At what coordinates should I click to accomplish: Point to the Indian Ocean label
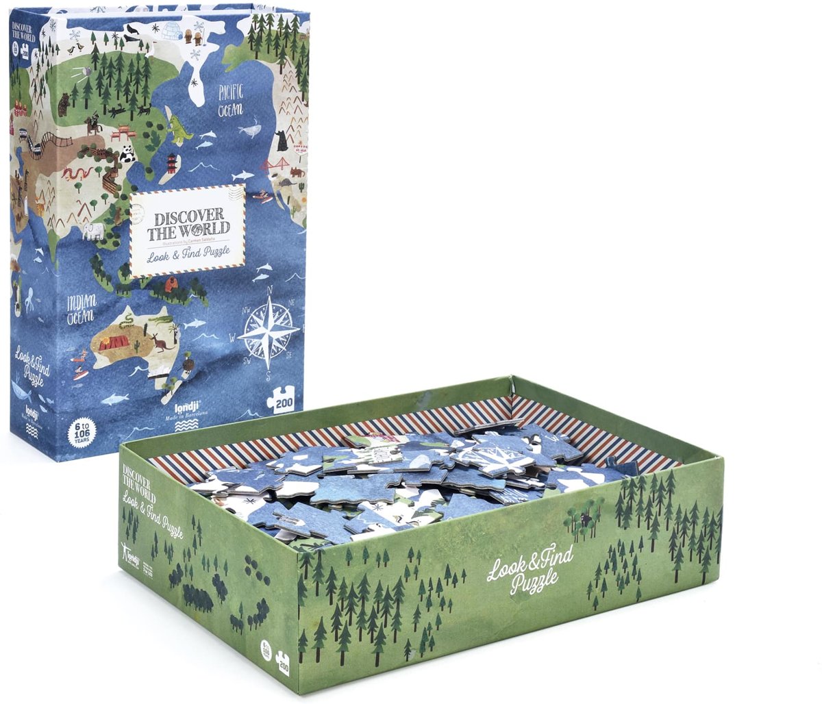coord(81,310)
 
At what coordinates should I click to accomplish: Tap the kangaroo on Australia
coord(162,342)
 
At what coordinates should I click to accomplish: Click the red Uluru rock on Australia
coord(111,342)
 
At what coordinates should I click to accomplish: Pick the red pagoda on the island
coord(171,163)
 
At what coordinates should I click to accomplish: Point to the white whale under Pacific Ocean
coord(250,127)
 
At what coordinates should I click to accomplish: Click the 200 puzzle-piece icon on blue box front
coord(281,401)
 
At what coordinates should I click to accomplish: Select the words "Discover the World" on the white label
coord(188,225)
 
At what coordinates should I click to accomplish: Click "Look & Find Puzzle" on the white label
coord(188,257)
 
